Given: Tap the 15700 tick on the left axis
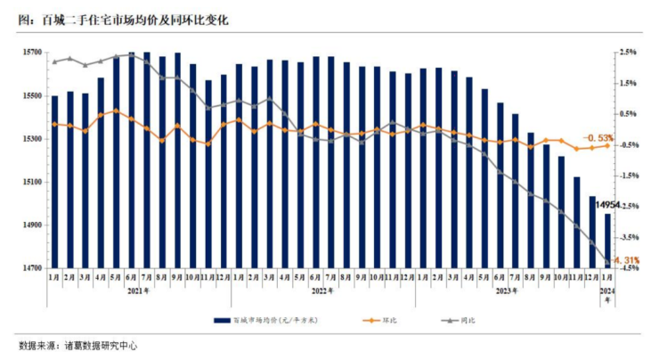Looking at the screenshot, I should [x=31, y=53].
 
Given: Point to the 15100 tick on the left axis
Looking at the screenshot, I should [x=31, y=182].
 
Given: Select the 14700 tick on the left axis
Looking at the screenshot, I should [x=31, y=268].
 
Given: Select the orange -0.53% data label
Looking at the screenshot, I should [x=598, y=137].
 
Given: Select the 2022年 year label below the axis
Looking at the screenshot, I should [x=322, y=290].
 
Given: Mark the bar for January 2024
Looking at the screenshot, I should [x=608, y=241].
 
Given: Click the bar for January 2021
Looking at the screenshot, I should [x=55, y=182].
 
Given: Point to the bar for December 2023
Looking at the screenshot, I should [x=593, y=232].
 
